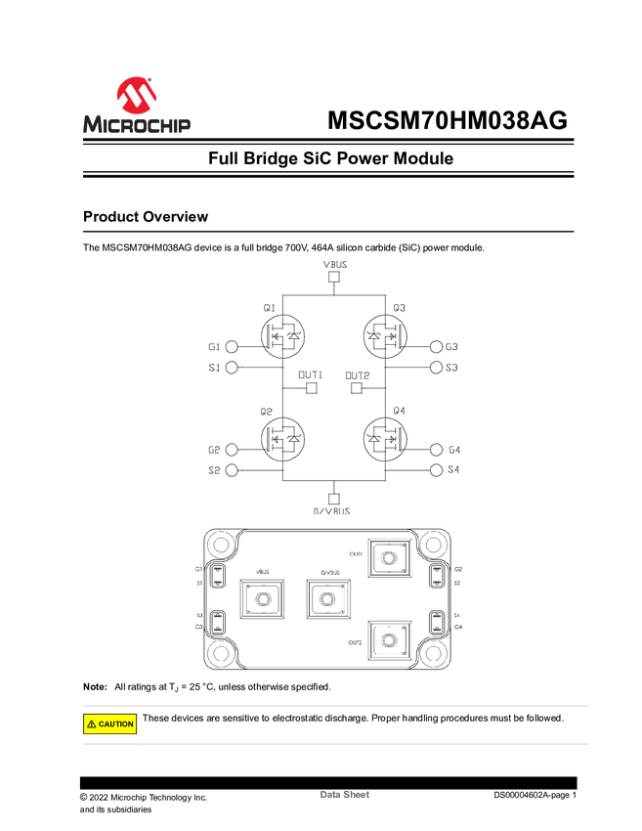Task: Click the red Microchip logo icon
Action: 136,95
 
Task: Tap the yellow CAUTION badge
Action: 109,724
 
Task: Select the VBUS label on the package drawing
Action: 261,573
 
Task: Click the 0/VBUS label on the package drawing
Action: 327,573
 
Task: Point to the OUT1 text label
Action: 356,553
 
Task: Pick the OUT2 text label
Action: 355,642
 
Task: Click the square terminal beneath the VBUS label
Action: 261,599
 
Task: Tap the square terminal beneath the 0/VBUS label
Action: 327,599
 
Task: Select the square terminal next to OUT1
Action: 388,558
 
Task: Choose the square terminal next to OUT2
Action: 388,640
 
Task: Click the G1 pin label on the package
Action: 198,568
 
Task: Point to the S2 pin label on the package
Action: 456,583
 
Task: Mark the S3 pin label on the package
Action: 198,615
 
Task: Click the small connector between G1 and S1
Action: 218,575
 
